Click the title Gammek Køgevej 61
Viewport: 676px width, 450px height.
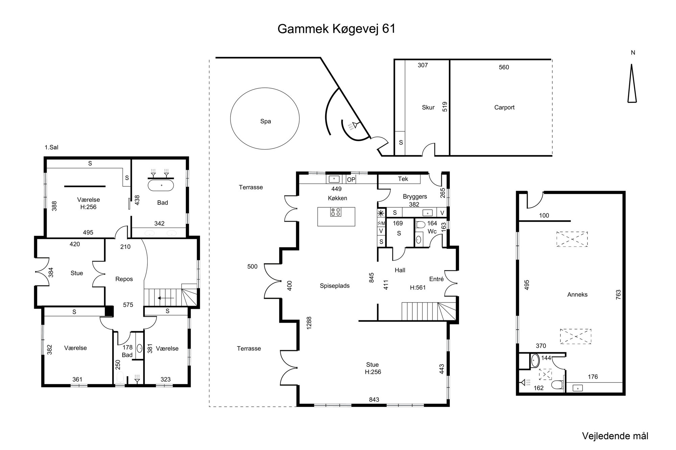coord(336,29)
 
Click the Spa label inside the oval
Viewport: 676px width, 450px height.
coord(266,121)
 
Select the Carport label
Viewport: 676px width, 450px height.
coord(504,107)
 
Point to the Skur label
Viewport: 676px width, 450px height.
coord(428,107)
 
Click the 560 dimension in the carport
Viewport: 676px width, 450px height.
coord(504,67)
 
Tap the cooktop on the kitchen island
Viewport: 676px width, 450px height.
coord(336,212)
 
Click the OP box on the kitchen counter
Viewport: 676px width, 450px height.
coord(351,180)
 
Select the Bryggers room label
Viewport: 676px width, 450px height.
coord(415,196)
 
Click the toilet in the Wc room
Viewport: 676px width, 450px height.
coord(420,224)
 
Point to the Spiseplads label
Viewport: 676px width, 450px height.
coord(335,286)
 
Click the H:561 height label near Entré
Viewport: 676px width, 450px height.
coord(418,288)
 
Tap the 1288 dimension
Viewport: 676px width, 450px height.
coord(309,323)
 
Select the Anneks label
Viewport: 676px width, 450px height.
coord(577,294)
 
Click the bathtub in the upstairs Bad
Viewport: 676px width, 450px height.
coord(162,185)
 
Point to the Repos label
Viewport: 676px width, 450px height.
coord(124,279)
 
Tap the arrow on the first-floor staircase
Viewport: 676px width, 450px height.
coord(166,298)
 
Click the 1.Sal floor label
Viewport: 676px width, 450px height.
coord(51,148)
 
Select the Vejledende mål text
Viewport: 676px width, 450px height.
coord(615,436)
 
